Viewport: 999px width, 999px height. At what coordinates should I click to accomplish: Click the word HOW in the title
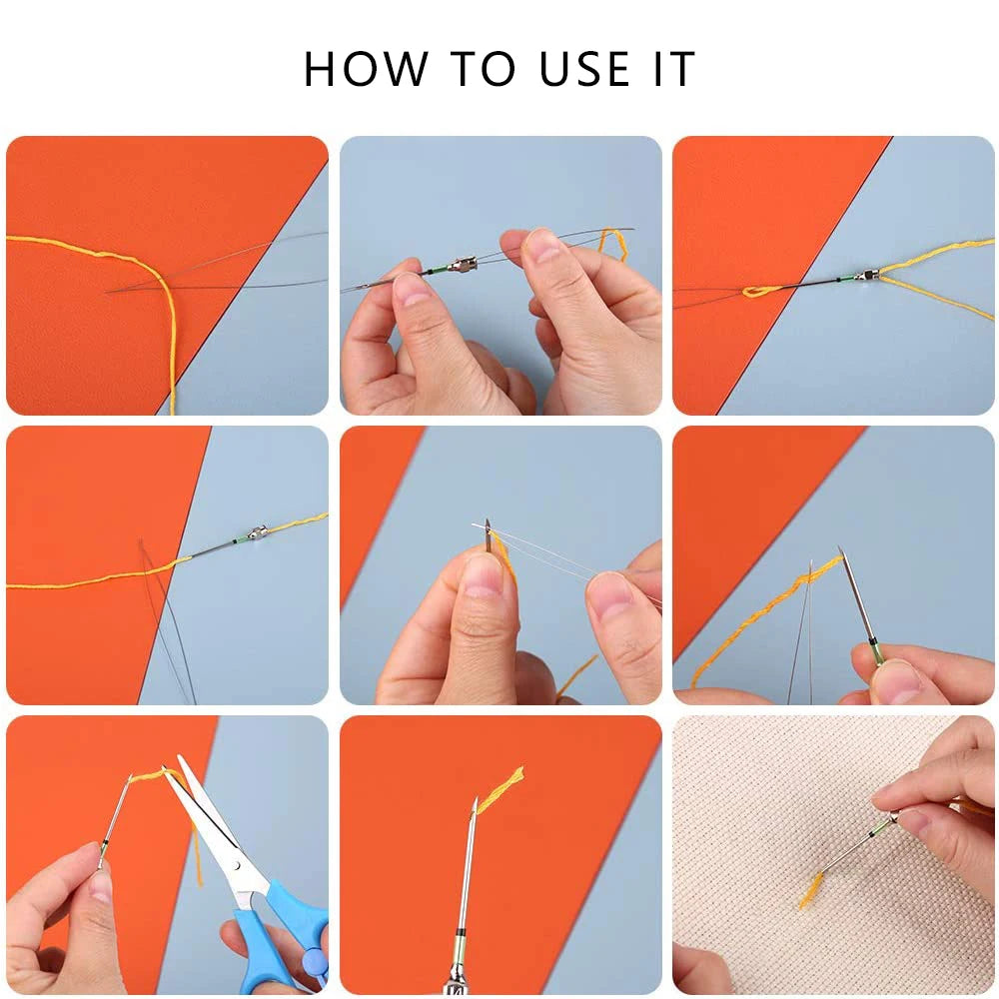tap(366, 69)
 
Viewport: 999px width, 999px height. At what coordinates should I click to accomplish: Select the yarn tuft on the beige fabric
tap(811, 888)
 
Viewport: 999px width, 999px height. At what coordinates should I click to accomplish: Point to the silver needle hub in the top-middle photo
tap(462, 265)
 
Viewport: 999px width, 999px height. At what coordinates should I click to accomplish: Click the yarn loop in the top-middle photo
tap(612, 243)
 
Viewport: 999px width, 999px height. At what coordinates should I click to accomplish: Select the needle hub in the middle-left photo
tap(256, 534)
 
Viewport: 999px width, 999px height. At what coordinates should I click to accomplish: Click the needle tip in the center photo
tap(488, 525)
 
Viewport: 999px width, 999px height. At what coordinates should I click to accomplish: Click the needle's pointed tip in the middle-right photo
tap(841, 551)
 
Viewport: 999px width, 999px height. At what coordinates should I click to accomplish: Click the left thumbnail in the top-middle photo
tap(412, 289)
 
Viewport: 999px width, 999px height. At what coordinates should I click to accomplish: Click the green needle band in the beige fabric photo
tap(880, 825)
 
